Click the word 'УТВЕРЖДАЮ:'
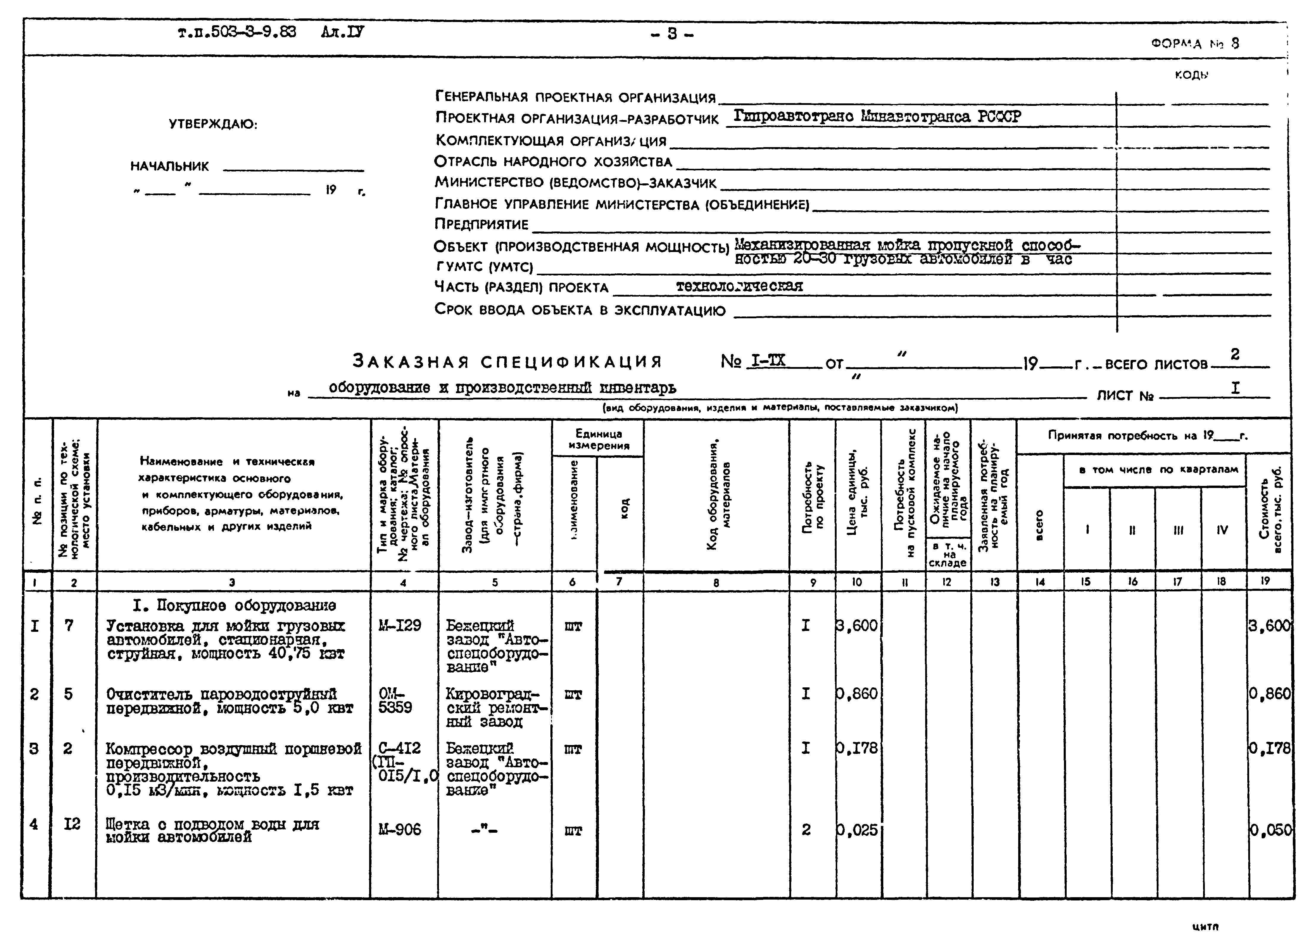(213, 124)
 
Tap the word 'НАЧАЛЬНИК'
(169, 166)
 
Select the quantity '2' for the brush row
(806, 830)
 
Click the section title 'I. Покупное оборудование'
(234, 606)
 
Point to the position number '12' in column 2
(72, 824)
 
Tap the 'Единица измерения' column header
(598, 440)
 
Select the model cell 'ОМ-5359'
(396, 701)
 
